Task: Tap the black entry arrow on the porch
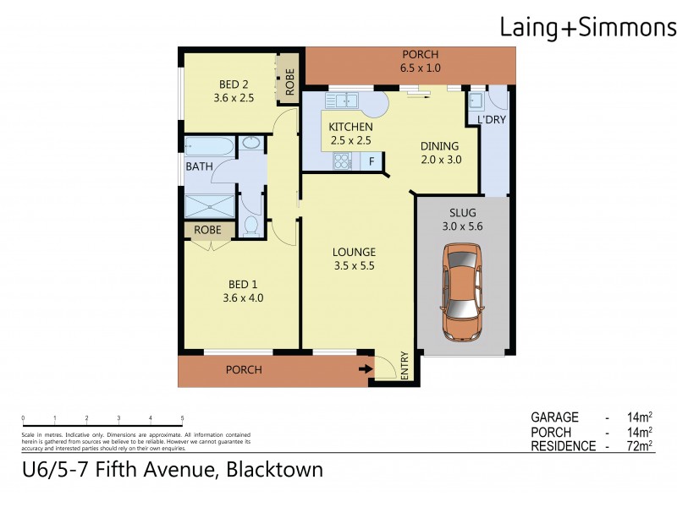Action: pos(365,368)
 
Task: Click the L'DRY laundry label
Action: pos(492,121)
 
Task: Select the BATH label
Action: pos(199,166)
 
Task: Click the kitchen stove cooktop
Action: pos(343,161)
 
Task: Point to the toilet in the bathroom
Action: pos(250,226)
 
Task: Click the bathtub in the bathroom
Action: pos(207,146)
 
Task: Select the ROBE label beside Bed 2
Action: pos(289,83)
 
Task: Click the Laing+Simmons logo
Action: pos(586,28)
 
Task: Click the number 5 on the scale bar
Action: pos(182,418)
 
